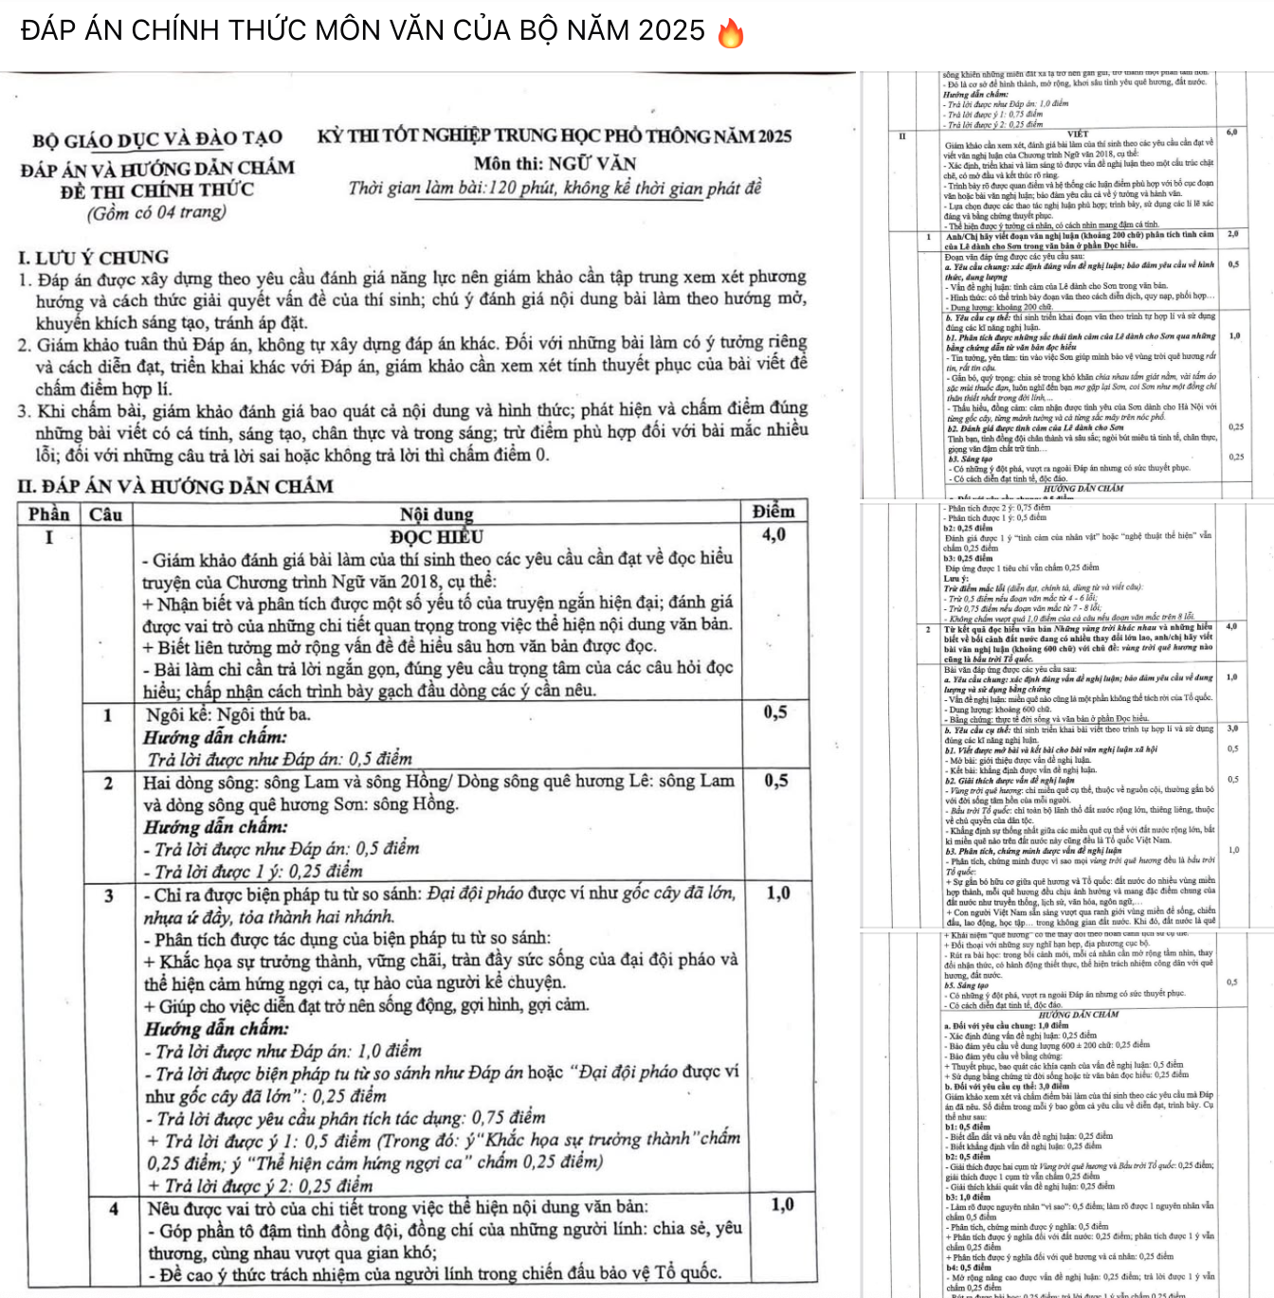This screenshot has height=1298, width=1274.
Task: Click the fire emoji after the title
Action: click(731, 33)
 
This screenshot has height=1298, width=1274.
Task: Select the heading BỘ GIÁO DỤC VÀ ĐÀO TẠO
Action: click(157, 140)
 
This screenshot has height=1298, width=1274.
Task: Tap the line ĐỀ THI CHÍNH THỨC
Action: click(157, 190)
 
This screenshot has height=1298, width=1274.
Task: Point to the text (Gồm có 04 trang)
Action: click(157, 212)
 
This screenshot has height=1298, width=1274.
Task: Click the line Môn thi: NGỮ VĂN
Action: click(555, 163)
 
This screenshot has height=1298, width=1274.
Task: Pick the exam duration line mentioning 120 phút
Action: click(555, 188)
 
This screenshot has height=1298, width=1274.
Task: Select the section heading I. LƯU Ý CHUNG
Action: click(94, 257)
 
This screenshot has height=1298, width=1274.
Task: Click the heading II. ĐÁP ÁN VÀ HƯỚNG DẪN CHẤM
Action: click(176, 486)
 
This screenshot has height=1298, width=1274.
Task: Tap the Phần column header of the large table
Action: click(49, 514)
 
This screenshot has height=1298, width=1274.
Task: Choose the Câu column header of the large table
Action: click(106, 514)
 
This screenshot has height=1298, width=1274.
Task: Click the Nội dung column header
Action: click(436, 514)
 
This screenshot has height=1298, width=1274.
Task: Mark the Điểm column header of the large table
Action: click(773, 512)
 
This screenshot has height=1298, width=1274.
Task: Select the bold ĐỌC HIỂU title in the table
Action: click(436, 537)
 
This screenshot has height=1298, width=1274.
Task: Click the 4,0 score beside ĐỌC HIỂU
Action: click(773, 535)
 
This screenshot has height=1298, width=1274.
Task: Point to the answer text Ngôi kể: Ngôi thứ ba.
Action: click(228, 714)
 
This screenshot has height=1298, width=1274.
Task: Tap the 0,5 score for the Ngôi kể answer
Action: click(774, 712)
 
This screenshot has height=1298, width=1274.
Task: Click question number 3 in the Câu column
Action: click(107, 894)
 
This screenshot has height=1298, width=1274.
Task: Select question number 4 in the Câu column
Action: click(113, 1208)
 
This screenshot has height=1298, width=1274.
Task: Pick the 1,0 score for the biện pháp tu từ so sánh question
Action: click(778, 892)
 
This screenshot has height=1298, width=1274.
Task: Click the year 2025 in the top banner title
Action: click(671, 30)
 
